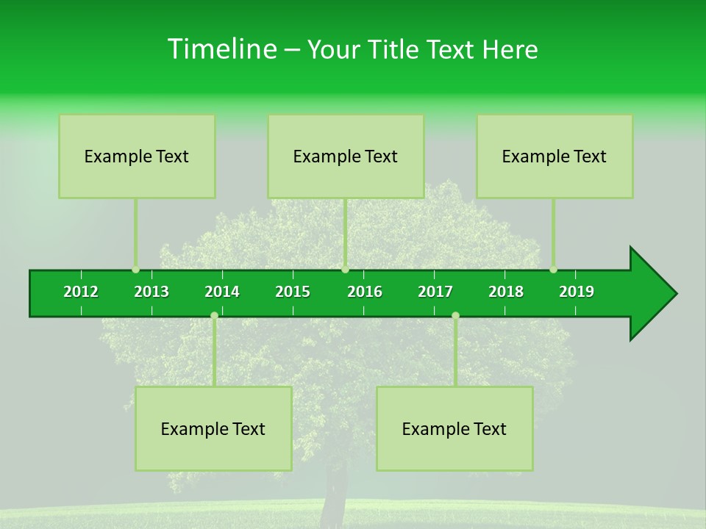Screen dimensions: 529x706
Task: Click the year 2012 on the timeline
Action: coord(81,292)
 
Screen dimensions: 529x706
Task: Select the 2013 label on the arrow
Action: coord(151,292)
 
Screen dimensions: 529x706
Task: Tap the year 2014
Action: coord(222,292)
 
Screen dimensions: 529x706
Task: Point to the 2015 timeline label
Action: coord(293,292)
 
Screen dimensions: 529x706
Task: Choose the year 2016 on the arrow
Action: coord(365,292)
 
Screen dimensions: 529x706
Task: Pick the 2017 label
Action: coord(435,292)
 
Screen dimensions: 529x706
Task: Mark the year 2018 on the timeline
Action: coord(506,292)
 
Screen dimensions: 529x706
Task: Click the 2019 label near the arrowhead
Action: coord(577,292)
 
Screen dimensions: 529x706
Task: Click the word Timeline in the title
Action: coord(221,49)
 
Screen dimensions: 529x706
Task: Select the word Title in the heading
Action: coord(395,49)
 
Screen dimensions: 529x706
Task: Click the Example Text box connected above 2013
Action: coord(137,156)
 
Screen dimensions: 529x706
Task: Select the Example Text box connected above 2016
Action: coord(346,156)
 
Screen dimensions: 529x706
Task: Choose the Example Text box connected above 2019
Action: coord(555,156)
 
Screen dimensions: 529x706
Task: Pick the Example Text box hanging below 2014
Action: coord(213,429)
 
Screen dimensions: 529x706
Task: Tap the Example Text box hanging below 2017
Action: coord(454,429)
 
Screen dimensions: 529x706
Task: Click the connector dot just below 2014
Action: coord(214,315)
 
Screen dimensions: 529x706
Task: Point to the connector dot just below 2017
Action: coord(455,315)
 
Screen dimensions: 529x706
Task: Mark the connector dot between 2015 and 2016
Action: coord(345,270)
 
